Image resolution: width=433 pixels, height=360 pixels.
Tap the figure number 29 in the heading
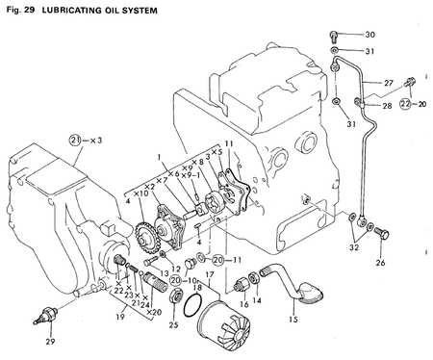35,9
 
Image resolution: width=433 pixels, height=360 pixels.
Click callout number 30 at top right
369,35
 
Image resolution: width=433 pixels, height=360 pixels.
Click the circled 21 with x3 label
78,139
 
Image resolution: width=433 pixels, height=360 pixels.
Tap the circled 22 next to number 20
405,103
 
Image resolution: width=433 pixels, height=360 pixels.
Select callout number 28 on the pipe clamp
386,105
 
